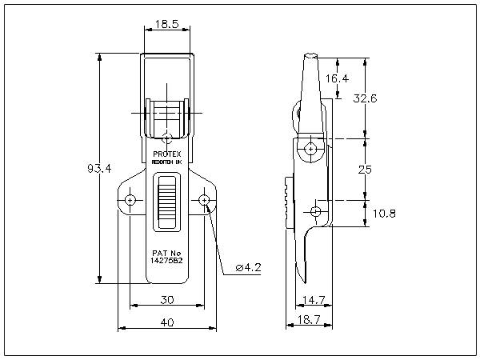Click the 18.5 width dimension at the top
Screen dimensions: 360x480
tap(166, 25)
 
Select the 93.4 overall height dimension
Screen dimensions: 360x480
tap(98, 168)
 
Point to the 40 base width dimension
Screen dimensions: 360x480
tap(166, 322)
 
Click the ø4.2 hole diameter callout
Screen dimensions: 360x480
tap(249, 267)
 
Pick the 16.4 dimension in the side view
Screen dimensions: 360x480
tap(338, 78)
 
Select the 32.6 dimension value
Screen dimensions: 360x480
tap(366, 98)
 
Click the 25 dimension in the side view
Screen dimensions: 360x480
tap(365, 170)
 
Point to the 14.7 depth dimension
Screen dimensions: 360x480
tap(312, 300)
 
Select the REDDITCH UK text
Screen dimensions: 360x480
tap(167, 162)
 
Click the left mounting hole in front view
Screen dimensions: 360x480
tap(130, 199)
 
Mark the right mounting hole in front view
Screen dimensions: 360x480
tap(205, 199)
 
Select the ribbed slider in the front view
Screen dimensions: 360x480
tap(166, 204)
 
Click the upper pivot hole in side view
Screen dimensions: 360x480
tap(310, 148)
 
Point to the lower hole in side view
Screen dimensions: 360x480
tap(316, 211)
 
